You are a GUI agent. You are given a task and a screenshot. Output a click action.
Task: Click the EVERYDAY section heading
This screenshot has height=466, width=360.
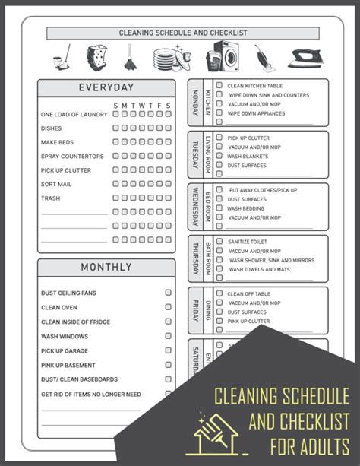point(106,88)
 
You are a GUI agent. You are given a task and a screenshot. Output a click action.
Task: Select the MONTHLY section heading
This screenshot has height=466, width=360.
point(106,268)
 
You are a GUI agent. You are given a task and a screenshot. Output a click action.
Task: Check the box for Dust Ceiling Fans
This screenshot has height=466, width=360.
point(169,293)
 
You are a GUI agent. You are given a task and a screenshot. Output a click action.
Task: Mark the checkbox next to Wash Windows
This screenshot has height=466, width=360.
point(169,336)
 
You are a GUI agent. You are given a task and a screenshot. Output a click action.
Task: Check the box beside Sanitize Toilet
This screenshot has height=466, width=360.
point(219,241)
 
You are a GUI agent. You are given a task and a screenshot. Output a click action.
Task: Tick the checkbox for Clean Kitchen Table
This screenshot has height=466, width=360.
point(219,86)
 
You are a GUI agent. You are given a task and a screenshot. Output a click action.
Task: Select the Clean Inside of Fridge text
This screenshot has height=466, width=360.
point(75,322)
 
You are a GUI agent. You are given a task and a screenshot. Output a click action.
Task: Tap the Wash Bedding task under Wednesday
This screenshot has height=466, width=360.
point(246,208)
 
